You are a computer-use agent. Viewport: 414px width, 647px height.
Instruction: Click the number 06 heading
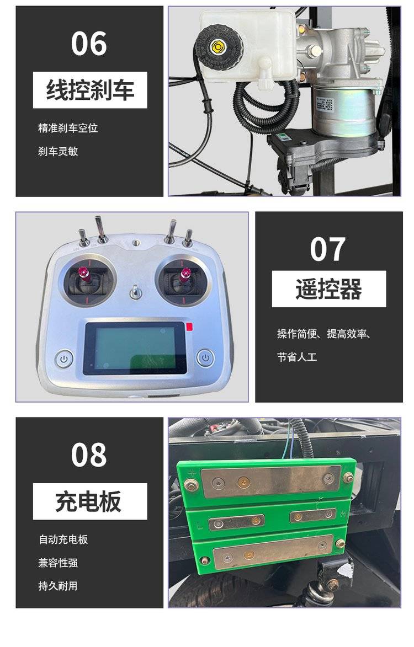[89, 44]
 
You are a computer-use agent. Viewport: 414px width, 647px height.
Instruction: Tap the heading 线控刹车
[90, 90]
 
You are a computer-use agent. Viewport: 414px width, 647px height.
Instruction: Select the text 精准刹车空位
[68, 128]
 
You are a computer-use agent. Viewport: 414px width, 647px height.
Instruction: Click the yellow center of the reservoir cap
[217, 46]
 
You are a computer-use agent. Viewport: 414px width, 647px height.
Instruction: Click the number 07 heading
[328, 249]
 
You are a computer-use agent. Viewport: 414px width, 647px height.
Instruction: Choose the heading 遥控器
[328, 289]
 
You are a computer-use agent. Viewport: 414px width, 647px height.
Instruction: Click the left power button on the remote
[64, 359]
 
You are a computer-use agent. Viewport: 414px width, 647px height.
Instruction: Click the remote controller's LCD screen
[135, 348]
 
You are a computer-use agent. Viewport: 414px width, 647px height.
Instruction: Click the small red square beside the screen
[189, 327]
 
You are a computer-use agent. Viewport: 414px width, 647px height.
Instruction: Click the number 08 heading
[89, 455]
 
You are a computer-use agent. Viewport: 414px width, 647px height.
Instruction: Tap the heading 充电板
[89, 501]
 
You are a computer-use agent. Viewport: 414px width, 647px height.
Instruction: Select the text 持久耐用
[58, 586]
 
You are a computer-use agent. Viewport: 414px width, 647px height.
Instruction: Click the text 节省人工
[297, 357]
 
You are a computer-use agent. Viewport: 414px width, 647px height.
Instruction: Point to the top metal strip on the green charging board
[271, 480]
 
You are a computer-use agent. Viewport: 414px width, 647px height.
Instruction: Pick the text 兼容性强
[58, 563]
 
